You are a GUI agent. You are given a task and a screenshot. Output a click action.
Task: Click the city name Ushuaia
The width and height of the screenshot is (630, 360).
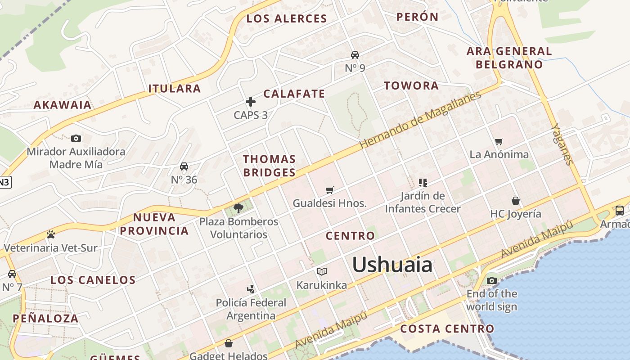(x=392, y=265)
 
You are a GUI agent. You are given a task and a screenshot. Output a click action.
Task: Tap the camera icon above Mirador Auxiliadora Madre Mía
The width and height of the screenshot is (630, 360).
(x=76, y=138)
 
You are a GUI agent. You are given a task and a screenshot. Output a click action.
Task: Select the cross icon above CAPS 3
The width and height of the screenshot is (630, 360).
(x=251, y=102)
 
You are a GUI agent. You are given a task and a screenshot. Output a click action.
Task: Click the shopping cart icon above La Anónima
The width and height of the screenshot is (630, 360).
(x=499, y=142)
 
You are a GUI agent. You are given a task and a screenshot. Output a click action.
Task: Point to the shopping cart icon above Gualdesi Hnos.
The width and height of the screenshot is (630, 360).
(x=330, y=190)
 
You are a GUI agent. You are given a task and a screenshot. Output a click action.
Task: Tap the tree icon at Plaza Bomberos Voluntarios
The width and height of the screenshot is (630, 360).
(x=238, y=208)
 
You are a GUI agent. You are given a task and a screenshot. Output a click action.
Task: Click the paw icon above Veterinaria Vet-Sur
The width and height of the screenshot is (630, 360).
(x=50, y=234)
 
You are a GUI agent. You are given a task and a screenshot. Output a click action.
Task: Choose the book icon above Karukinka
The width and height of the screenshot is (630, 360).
(x=321, y=271)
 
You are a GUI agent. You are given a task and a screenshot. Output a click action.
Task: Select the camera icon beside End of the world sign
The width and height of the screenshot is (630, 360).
(x=491, y=281)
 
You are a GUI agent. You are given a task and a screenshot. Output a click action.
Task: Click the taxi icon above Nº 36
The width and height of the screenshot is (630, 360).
(x=184, y=166)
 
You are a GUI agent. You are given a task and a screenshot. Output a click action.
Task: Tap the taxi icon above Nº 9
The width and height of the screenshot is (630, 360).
(x=355, y=55)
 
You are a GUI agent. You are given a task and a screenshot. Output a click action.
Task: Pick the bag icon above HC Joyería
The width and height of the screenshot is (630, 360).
(x=516, y=201)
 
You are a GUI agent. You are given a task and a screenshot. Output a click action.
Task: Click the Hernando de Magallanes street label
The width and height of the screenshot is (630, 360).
(x=420, y=120)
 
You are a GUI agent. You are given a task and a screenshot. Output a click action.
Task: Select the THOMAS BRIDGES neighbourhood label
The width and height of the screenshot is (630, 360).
(x=269, y=166)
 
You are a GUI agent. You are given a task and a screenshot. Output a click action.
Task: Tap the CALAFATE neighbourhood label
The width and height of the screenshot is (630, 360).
(x=294, y=94)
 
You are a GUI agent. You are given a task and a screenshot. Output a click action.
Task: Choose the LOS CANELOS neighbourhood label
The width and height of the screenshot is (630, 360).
(x=93, y=280)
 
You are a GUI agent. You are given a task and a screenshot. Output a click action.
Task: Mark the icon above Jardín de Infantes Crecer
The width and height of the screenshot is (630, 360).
(x=423, y=183)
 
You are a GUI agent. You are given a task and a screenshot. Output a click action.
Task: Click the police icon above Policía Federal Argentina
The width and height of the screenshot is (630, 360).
(x=251, y=289)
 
